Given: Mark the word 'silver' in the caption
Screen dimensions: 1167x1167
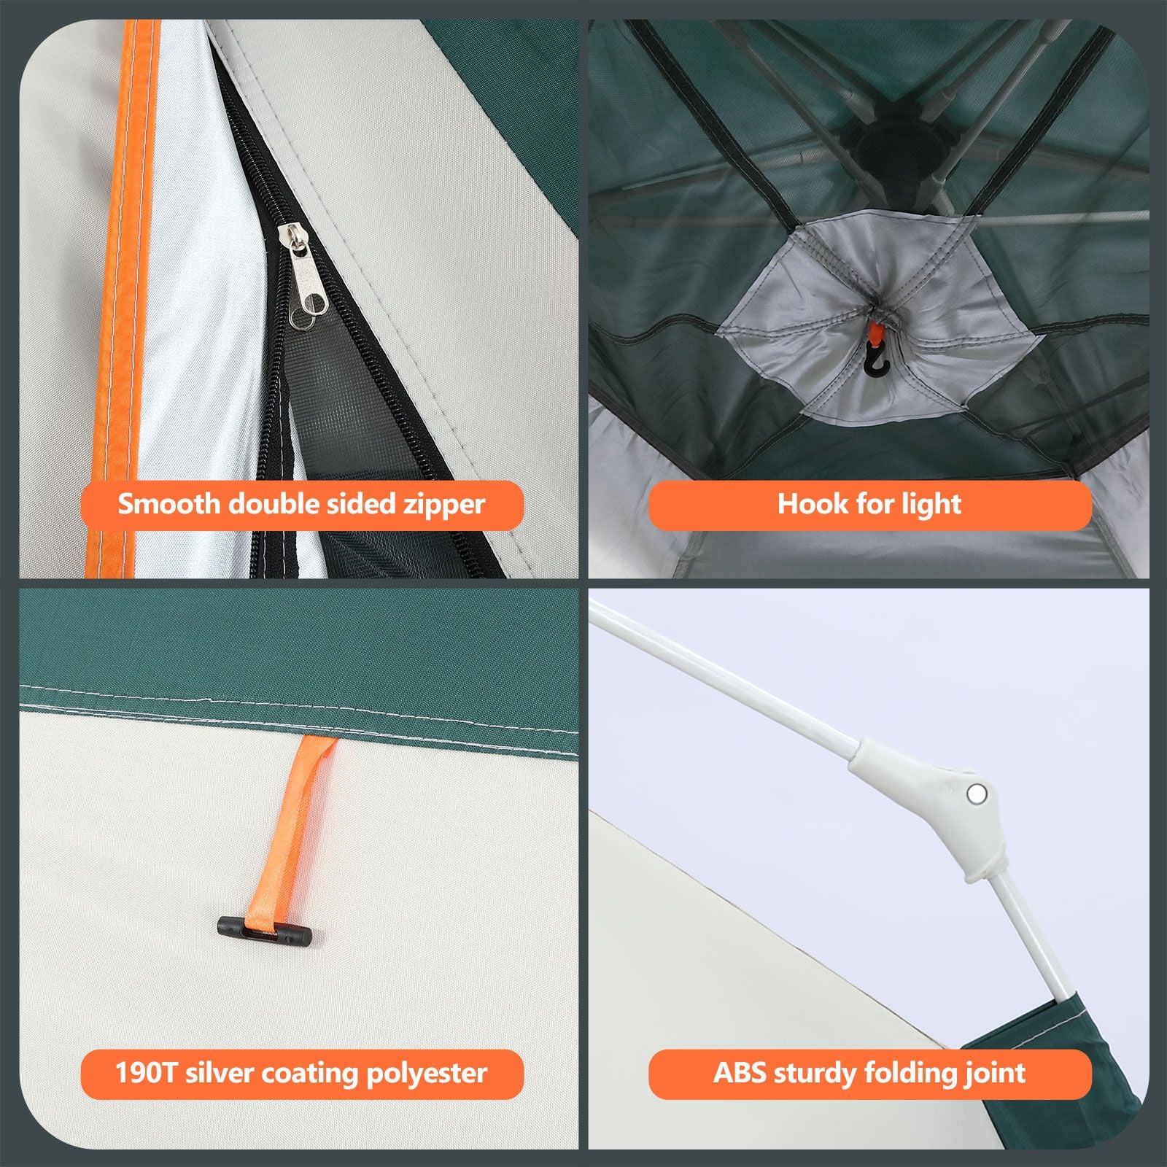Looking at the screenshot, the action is (220, 1073).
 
